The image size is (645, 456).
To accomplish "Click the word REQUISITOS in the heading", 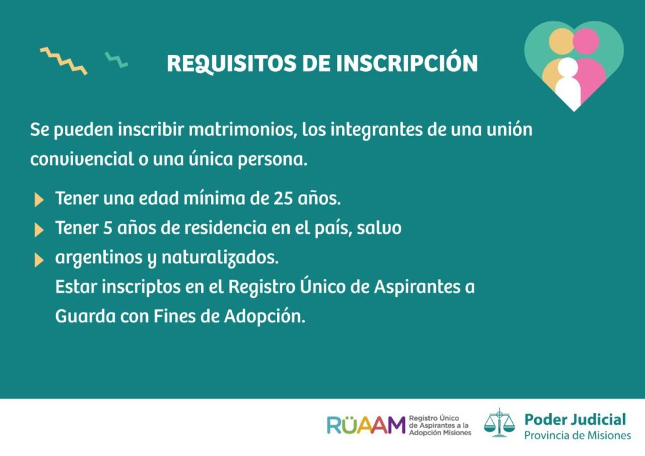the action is click(232, 64).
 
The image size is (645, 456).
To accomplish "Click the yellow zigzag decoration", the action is click(64, 61).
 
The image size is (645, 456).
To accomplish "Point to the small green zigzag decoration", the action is click(116, 60).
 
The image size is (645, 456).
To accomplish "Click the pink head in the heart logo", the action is click(586, 41).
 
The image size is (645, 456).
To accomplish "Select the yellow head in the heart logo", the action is click(561, 41).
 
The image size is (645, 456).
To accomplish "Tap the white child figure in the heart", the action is click(568, 83).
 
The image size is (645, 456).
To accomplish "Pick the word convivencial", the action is click(82, 159).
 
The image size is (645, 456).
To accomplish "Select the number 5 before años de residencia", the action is click(108, 228).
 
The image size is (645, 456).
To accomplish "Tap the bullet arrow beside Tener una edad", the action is click(39, 200).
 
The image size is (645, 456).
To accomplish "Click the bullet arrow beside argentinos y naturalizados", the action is click(39, 260).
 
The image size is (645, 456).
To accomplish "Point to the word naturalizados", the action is click(220, 258).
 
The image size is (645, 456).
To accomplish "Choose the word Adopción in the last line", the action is click(265, 317).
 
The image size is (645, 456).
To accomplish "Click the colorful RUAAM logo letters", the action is click(366, 425).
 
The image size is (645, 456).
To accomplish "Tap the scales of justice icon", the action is click(499, 423).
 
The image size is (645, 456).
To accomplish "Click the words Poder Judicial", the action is click(575, 420).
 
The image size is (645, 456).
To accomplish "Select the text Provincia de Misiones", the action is click(577, 435).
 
